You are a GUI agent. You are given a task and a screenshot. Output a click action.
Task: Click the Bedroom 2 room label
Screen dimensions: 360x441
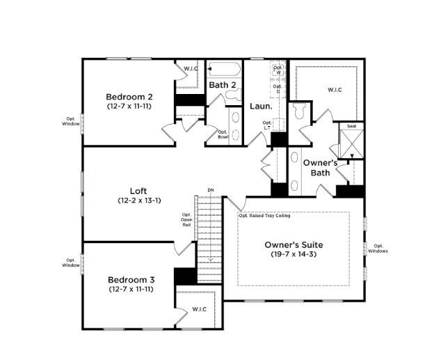[129, 97]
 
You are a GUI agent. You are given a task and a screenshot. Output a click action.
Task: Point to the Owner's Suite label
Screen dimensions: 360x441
[294, 245]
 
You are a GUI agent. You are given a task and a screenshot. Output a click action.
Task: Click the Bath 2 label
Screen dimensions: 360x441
[223, 85]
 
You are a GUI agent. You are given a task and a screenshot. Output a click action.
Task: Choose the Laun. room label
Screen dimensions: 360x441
[261, 107]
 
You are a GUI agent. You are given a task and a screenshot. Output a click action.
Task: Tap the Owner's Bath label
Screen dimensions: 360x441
[321, 167]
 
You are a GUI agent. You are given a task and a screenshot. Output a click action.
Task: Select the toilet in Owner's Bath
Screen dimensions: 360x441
[301, 111]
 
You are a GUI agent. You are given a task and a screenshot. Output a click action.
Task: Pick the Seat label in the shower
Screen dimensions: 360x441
[352, 127]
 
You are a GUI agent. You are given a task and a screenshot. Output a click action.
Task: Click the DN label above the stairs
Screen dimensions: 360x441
[210, 190]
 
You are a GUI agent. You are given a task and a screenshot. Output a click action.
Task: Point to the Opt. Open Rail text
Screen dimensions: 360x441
[186, 219]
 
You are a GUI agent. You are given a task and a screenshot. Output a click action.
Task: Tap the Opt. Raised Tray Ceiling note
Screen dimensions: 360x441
[264, 216]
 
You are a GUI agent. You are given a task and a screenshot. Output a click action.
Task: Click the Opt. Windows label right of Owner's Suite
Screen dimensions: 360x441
[378, 248]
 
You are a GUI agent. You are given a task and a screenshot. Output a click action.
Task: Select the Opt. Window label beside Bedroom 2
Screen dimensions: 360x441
[70, 121]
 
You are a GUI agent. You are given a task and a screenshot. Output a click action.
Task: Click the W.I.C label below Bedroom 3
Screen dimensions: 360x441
[200, 309]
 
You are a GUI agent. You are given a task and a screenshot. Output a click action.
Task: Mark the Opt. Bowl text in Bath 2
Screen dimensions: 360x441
[223, 134]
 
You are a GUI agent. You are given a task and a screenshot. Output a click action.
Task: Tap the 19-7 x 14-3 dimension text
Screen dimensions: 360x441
[294, 255]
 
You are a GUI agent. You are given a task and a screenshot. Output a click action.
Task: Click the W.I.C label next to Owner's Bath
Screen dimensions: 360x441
[335, 89]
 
